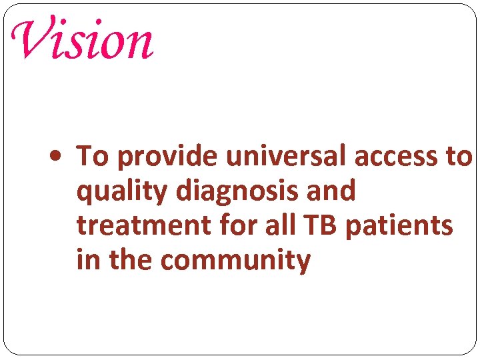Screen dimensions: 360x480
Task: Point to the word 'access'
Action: point(397,157)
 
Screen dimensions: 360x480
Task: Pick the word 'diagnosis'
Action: point(239,193)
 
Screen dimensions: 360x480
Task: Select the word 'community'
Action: point(235,261)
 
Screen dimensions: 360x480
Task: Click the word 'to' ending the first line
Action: point(461,157)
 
